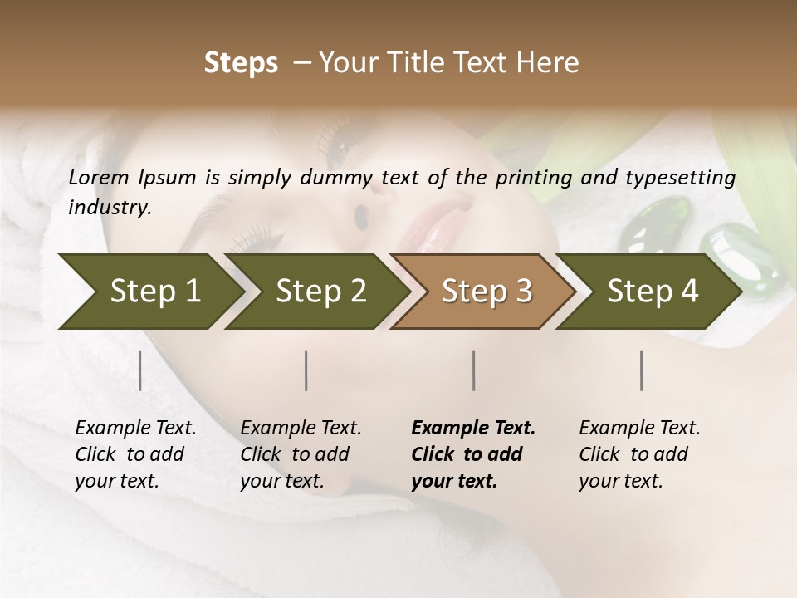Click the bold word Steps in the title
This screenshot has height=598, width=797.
click(241, 63)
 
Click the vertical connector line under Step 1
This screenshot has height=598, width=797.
click(139, 370)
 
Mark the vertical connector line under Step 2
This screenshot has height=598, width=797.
click(306, 370)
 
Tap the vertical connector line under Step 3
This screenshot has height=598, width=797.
click(473, 370)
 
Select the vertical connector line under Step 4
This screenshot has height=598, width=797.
click(641, 370)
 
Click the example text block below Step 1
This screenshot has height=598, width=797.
click(135, 454)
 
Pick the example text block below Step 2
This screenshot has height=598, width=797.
click(301, 454)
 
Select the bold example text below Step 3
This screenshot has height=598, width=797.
click(473, 454)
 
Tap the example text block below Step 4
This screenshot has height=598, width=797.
click(639, 454)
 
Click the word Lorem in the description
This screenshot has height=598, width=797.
click(99, 178)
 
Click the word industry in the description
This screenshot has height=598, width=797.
click(109, 208)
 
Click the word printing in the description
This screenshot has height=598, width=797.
click(544, 178)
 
